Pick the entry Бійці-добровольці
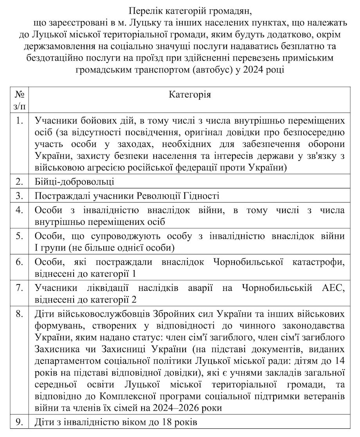pyautogui.click(x=74, y=182)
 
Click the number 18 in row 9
pyautogui.click(x=165, y=423)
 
